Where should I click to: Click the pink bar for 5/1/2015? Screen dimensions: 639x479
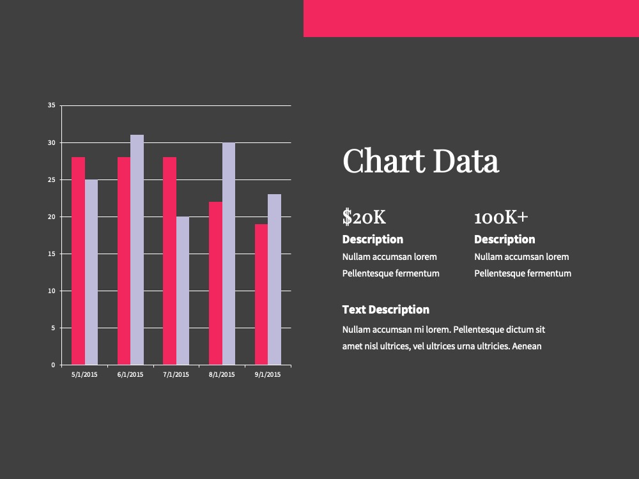(78, 261)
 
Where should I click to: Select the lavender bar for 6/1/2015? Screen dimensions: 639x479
(137, 250)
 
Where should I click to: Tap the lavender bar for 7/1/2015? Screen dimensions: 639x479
(183, 291)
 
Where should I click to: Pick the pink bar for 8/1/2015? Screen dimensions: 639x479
(215, 283)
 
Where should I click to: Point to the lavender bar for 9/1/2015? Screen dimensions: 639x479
(274, 280)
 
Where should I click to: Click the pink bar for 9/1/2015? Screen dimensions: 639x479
(261, 294)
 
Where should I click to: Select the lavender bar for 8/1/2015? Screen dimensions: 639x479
(229, 254)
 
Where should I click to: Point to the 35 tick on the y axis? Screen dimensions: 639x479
(51, 105)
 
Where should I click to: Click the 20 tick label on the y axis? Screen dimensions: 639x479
(51, 217)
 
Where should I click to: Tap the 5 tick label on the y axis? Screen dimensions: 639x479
(53, 328)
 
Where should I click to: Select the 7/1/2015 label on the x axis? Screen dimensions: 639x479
(176, 375)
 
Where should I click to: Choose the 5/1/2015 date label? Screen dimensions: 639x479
(84, 375)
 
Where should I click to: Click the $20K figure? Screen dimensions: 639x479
(364, 217)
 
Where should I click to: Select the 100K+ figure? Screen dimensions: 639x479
(501, 218)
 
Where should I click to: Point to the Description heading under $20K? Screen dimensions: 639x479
(373, 240)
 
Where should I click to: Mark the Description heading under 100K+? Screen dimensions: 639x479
(505, 240)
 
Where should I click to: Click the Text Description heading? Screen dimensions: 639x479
(386, 310)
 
